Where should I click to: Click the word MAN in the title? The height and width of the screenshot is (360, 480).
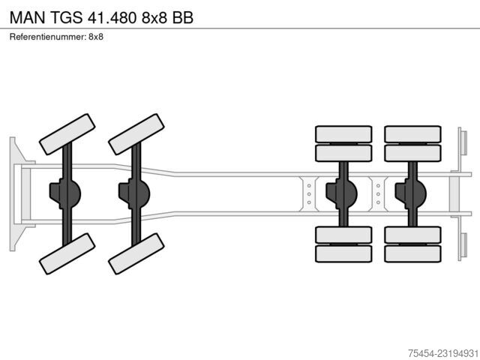click(28, 17)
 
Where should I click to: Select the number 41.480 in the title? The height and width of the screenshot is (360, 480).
click(112, 17)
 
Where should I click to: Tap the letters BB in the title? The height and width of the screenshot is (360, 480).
click(182, 17)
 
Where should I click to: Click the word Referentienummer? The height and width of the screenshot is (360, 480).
click(47, 37)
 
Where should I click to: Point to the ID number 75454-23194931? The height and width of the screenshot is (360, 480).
click(443, 353)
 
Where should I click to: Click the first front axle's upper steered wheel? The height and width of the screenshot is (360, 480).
click(67, 134)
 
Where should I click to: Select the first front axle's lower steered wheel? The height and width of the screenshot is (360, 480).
click(67, 253)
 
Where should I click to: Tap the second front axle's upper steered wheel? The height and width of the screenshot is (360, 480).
click(136, 134)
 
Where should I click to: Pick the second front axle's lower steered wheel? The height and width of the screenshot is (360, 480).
click(136, 253)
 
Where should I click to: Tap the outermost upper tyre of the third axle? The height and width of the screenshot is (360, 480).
click(343, 134)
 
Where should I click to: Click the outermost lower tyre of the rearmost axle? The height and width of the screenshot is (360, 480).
click(413, 253)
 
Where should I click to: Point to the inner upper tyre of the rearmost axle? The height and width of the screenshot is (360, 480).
click(413, 153)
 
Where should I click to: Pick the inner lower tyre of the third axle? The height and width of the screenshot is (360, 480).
click(343, 235)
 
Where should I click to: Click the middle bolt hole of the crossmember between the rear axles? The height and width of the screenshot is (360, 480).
click(378, 194)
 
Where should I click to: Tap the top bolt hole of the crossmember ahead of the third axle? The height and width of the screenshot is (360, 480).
click(309, 186)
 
